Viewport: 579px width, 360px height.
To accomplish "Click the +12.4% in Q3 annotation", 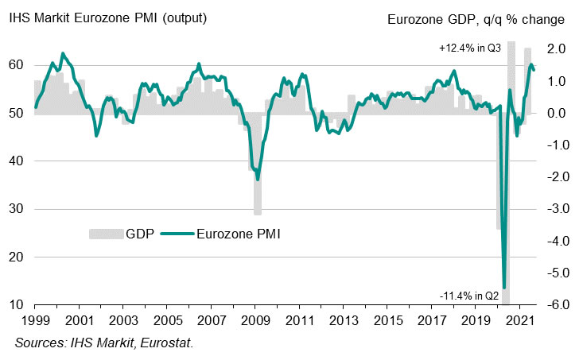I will pos(469,48).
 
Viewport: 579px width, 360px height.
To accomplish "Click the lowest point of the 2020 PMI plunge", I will pos(504,286).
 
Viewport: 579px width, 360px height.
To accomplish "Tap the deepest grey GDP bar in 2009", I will pos(258,213).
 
